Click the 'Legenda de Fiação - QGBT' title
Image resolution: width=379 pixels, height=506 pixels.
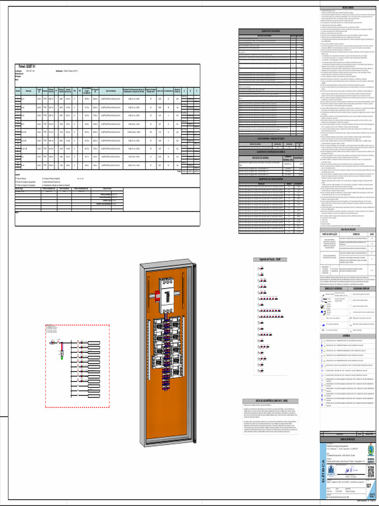[266, 259]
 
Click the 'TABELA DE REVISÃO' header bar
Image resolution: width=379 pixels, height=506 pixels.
[348, 439]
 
